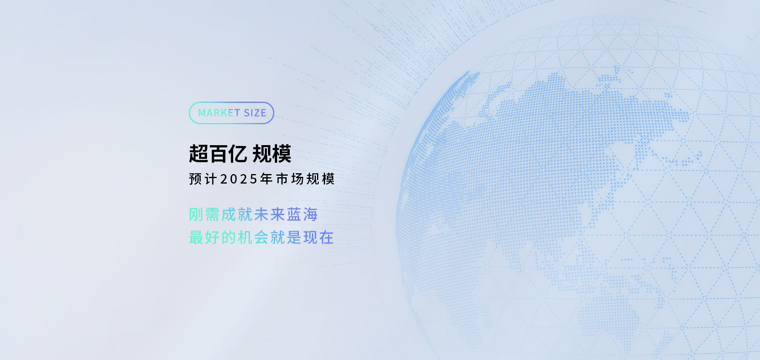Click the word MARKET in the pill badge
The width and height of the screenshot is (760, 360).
(x=219, y=113)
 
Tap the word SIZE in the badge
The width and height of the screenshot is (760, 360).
(x=255, y=113)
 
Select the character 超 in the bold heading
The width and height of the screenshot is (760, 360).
(x=199, y=154)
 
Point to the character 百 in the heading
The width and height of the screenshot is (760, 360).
(x=218, y=154)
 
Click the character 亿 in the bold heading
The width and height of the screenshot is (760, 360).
(x=238, y=154)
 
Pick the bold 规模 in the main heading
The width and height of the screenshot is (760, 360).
(x=272, y=154)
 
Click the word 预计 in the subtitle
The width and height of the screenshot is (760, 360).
(x=203, y=179)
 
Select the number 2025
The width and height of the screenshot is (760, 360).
(x=239, y=179)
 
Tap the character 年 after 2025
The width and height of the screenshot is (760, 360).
(x=266, y=179)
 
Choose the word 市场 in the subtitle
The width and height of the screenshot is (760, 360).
(x=290, y=179)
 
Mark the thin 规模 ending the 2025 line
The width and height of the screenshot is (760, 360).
(x=321, y=179)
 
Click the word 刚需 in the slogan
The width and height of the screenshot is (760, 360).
(x=204, y=215)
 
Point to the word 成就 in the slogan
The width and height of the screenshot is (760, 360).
(x=237, y=215)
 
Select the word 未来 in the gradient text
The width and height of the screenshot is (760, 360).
(x=270, y=215)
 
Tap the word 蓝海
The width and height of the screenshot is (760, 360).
(x=302, y=215)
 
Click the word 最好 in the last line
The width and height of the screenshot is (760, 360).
(x=204, y=238)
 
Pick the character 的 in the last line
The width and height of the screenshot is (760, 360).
(x=229, y=238)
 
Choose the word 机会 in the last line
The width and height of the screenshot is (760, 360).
(x=253, y=238)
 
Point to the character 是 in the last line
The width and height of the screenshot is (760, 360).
(x=294, y=238)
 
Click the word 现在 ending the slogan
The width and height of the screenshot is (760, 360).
(x=319, y=238)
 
